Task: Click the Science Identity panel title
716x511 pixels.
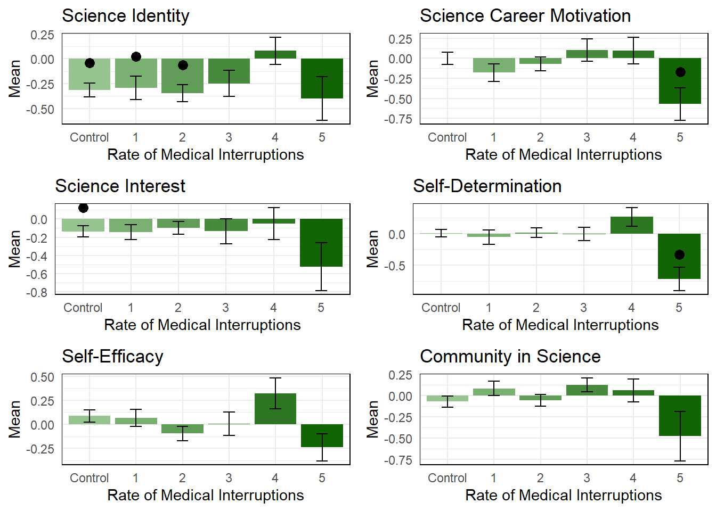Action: click(x=126, y=16)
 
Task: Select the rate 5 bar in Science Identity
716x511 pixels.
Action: click(x=322, y=78)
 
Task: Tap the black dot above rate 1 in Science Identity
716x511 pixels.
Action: click(x=136, y=57)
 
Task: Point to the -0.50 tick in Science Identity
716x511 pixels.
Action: click(x=40, y=110)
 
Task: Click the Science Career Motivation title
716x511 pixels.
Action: click(x=525, y=16)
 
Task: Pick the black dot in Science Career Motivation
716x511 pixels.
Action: click(x=680, y=72)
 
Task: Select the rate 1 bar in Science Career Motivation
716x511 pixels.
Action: click(x=494, y=65)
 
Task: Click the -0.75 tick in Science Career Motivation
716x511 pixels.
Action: click(x=398, y=119)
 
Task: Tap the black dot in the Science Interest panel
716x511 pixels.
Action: click(x=83, y=208)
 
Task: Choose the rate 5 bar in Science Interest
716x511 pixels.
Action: click(x=321, y=242)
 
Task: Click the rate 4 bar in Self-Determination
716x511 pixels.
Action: click(x=632, y=225)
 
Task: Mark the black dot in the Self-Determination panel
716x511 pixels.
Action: click(x=679, y=255)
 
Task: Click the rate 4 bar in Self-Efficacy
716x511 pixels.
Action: click(x=275, y=409)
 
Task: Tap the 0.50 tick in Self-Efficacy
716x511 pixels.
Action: click(x=42, y=377)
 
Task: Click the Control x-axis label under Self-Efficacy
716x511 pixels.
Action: click(x=89, y=478)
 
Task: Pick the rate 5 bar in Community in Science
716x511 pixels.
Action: click(x=680, y=416)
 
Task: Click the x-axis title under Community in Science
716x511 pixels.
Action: click(x=563, y=496)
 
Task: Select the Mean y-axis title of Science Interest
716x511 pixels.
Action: click(x=15, y=249)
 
